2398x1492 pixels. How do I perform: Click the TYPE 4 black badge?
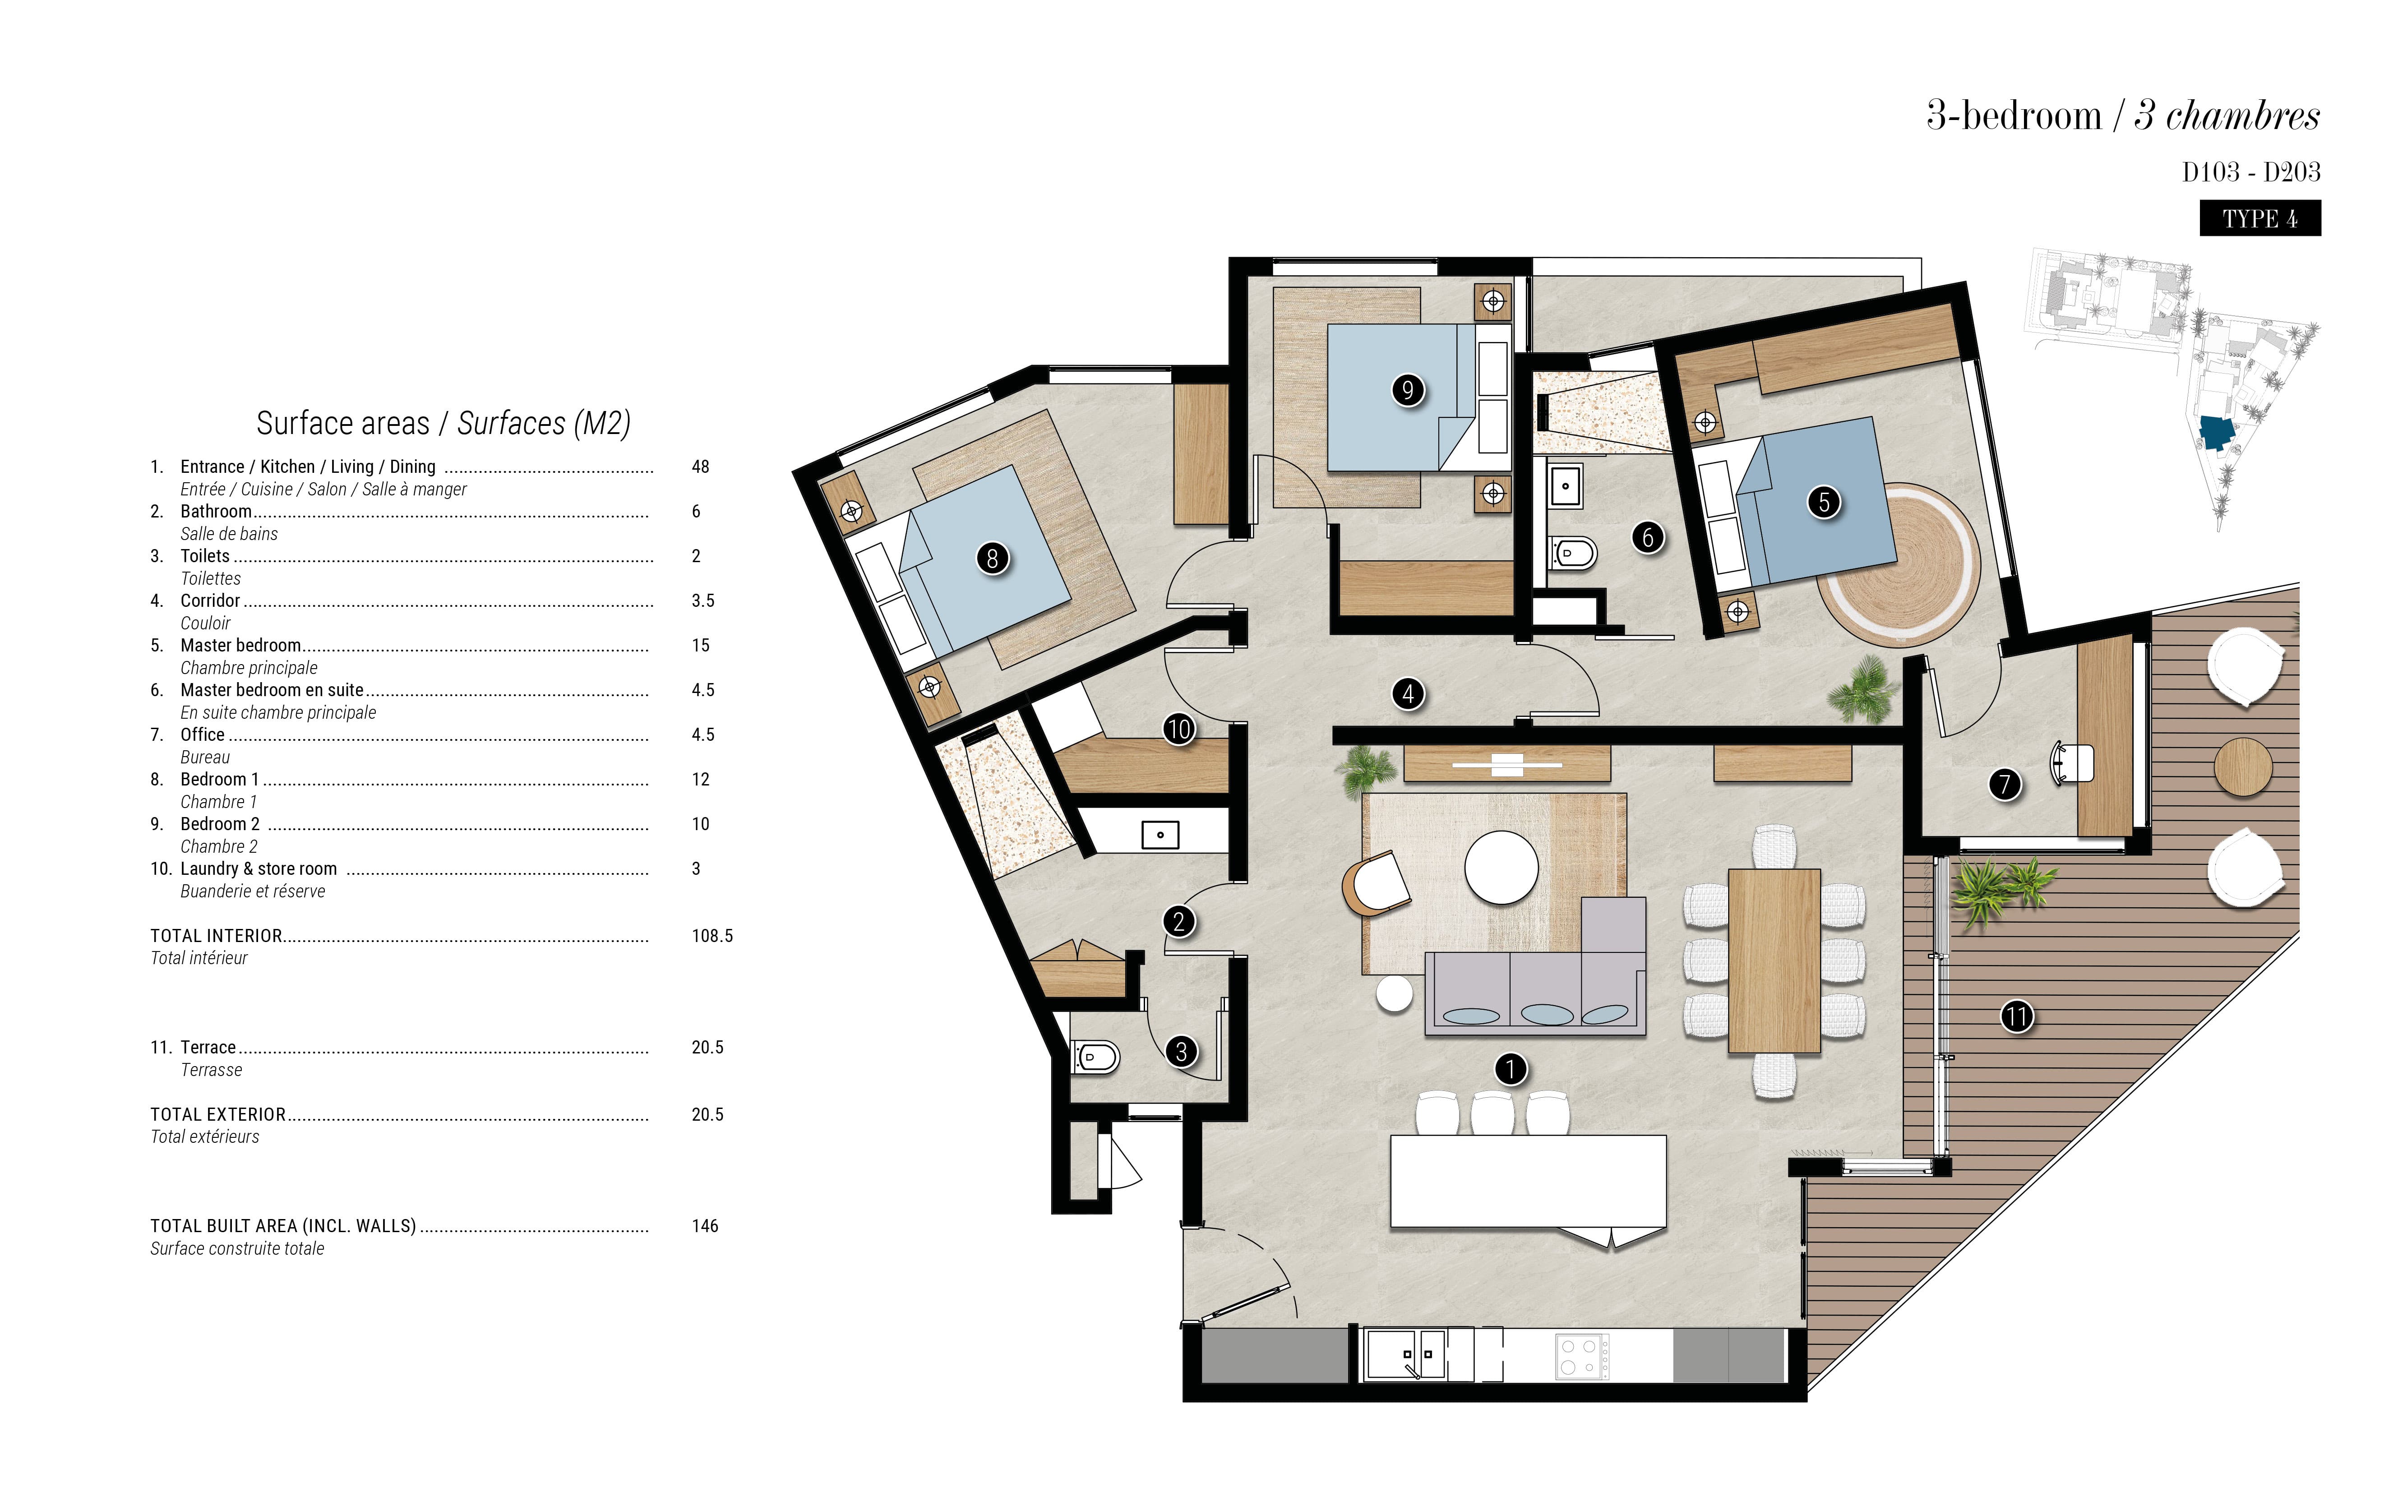pyautogui.click(x=2260, y=218)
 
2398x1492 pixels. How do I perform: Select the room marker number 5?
pyautogui.click(x=1824, y=502)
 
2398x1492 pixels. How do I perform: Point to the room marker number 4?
pyautogui.click(x=1408, y=694)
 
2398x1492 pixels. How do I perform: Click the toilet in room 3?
pyautogui.click(x=1095, y=1058)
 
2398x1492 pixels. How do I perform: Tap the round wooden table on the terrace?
pyautogui.click(x=2243, y=767)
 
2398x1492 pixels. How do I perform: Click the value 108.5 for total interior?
pyautogui.click(x=712, y=935)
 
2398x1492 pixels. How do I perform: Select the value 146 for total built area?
pyautogui.click(x=705, y=1225)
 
